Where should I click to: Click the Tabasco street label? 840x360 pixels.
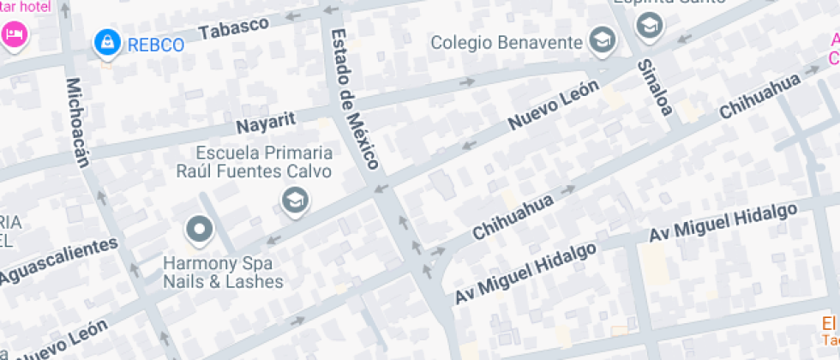click(234, 27)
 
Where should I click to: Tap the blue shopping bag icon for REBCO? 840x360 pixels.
click(107, 41)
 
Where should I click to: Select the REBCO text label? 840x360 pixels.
click(155, 45)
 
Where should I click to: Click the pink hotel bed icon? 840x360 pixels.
click(15, 35)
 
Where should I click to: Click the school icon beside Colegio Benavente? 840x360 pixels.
click(603, 39)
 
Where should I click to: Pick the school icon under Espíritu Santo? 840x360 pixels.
click(650, 25)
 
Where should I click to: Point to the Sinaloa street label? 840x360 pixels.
click(653, 85)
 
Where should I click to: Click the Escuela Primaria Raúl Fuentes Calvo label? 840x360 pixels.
click(265, 161)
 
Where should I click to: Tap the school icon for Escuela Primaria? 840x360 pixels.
click(296, 202)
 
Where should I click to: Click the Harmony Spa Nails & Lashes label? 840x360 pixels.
click(223, 272)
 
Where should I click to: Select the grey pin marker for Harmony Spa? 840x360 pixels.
click(200, 229)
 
